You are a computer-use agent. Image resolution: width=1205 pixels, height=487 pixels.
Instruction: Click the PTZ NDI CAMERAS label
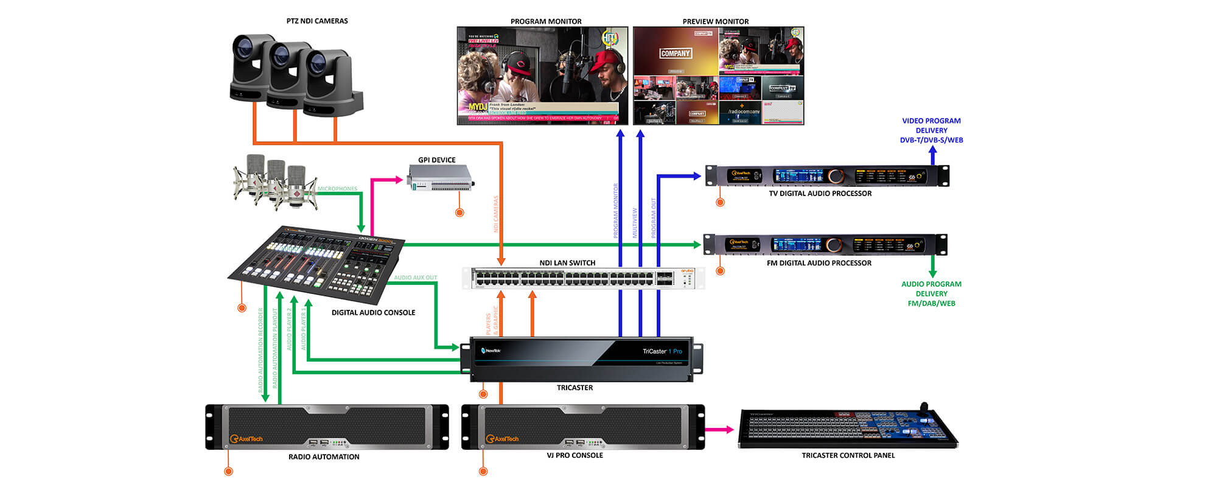tap(317, 21)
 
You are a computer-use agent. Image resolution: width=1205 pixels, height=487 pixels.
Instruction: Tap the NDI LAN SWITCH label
tap(567, 263)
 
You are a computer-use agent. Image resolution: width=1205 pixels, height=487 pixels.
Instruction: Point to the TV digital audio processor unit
tap(826, 176)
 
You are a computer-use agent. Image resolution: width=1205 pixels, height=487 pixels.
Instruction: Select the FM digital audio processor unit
tap(825, 245)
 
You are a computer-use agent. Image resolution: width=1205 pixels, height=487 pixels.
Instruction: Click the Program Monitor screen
tap(542, 75)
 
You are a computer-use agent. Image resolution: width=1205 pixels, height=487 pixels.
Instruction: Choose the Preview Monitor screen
tap(718, 75)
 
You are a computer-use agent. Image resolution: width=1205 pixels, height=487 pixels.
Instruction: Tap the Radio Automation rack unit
tap(327, 427)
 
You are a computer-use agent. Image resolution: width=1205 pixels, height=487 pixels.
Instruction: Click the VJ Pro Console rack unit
tap(583, 427)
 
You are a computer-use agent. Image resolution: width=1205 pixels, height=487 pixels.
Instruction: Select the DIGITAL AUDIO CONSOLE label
tap(373, 313)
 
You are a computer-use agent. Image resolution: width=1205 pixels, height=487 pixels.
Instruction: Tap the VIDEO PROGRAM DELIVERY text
tap(931, 130)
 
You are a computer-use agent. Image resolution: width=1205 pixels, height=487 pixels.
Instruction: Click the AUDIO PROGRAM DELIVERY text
tap(931, 293)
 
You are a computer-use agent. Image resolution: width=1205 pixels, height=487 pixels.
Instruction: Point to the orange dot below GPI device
tap(459, 212)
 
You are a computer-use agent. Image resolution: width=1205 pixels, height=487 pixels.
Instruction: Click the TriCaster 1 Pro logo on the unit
tap(662, 351)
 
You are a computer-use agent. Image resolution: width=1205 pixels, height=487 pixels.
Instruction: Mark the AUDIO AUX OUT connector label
tap(415, 278)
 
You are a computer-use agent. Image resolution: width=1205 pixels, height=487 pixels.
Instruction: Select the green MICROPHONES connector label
tap(337, 189)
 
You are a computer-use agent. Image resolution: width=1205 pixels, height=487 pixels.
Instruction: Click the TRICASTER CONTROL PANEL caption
tap(848, 455)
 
